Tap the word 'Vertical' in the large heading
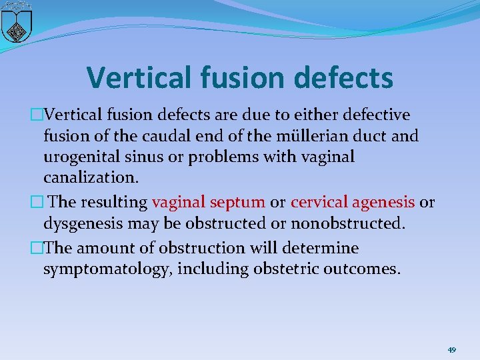coord(142,77)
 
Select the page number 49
coord(451,350)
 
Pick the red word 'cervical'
coord(320,202)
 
